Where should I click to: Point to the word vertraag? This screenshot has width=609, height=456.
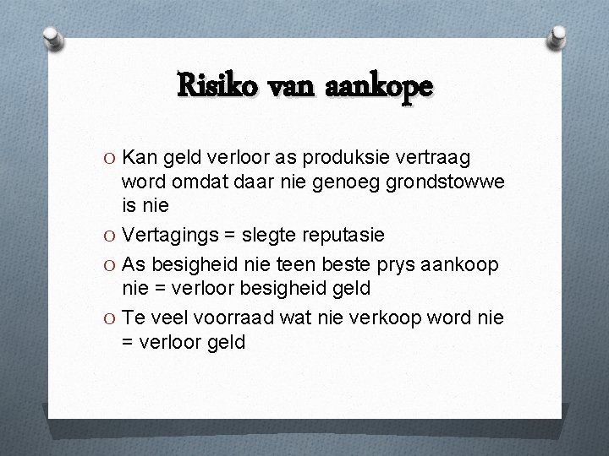pyautogui.click(x=432, y=158)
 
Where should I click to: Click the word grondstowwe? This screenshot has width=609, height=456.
pyautogui.click(x=437, y=182)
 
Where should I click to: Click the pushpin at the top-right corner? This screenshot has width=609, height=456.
pyautogui.click(x=557, y=36)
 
